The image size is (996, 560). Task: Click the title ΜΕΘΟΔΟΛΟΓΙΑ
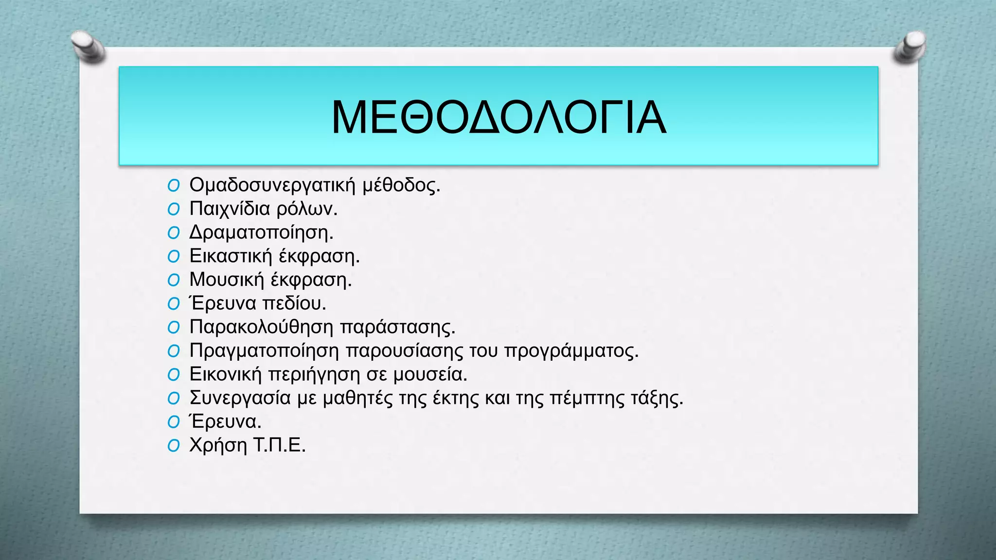498,118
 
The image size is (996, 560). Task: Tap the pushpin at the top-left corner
88,47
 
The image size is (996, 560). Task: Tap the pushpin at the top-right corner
910,47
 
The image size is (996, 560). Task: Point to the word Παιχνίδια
230,209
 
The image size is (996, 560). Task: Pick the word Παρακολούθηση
261,327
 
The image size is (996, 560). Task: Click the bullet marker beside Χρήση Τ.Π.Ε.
174,446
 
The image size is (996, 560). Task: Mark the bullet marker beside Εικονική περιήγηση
174,375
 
